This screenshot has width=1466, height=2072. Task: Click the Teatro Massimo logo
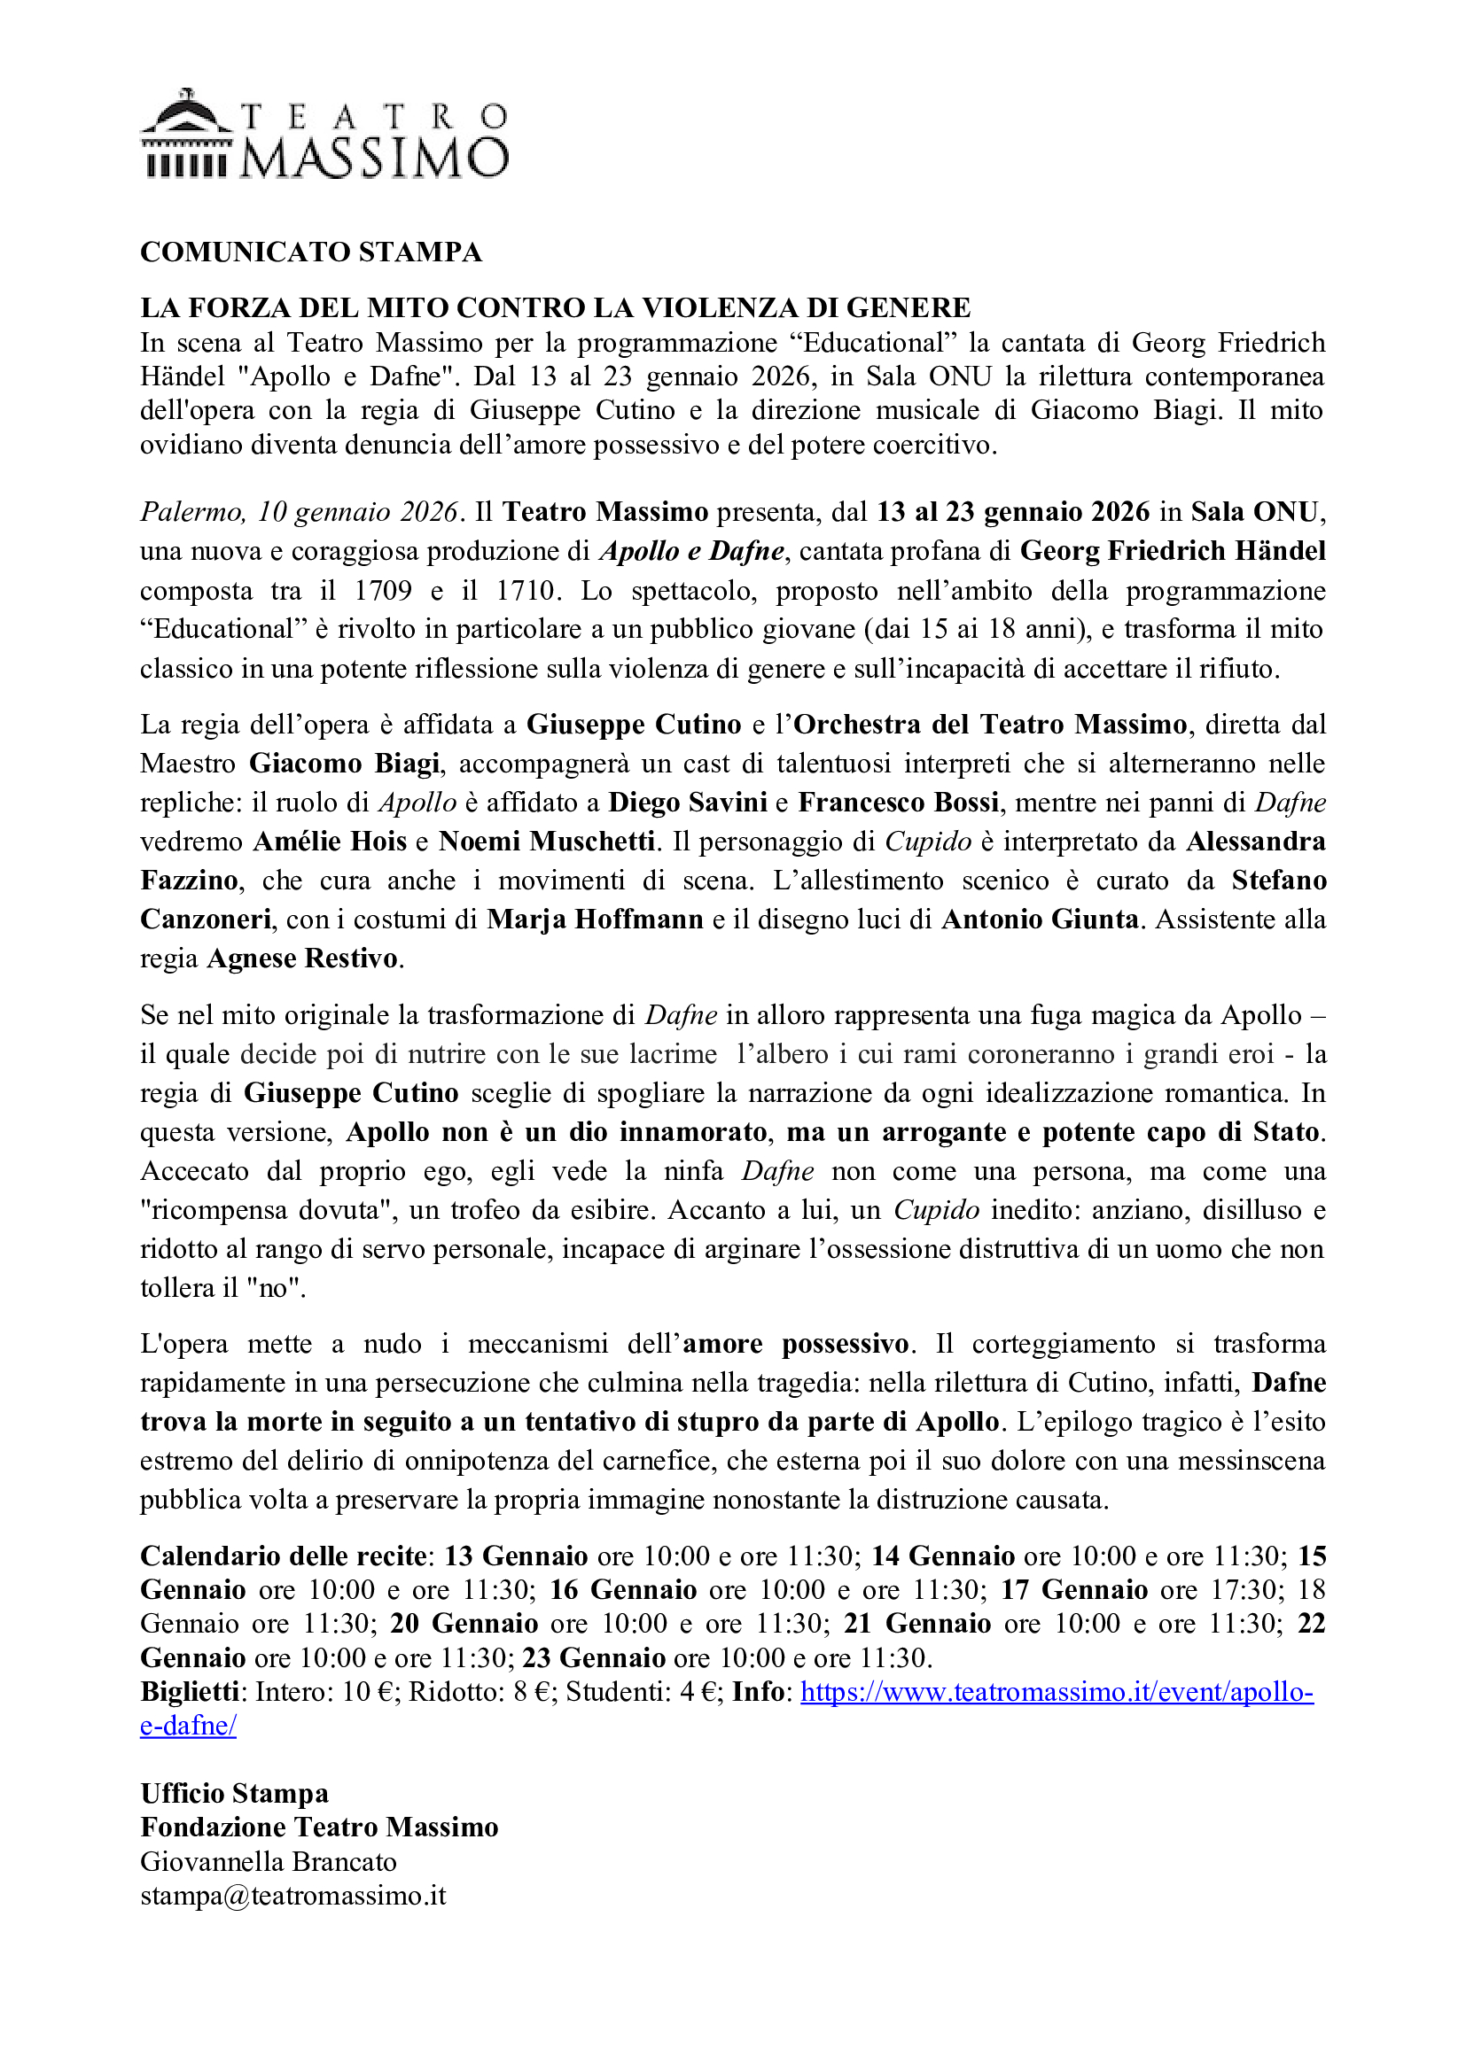pyautogui.click(x=325, y=134)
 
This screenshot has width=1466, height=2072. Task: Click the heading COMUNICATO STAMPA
pyautogui.click(x=310, y=252)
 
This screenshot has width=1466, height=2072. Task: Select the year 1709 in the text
pyautogui.click(x=383, y=590)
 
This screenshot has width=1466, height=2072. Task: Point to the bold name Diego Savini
pyautogui.click(x=687, y=803)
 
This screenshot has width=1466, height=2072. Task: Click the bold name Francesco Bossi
pyautogui.click(x=898, y=803)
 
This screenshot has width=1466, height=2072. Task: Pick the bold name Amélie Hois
pyautogui.click(x=330, y=841)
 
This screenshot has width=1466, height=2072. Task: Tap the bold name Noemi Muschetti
pyautogui.click(x=546, y=841)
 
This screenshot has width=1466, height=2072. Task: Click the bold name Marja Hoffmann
pyautogui.click(x=595, y=919)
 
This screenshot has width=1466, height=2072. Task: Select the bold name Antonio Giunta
pyautogui.click(x=1040, y=919)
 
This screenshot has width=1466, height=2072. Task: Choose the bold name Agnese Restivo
pyautogui.click(x=302, y=958)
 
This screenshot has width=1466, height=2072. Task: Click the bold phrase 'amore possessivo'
pyautogui.click(x=795, y=1344)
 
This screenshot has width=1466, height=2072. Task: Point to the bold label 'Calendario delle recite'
pyautogui.click(x=284, y=1556)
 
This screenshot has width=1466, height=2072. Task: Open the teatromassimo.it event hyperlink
pyautogui.click(x=1057, y=1691)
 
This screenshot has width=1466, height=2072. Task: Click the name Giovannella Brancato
pyautogui.click(x=268, y=1862)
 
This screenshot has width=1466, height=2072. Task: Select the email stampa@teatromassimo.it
pyautogui.click(x=293, y=1895)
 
